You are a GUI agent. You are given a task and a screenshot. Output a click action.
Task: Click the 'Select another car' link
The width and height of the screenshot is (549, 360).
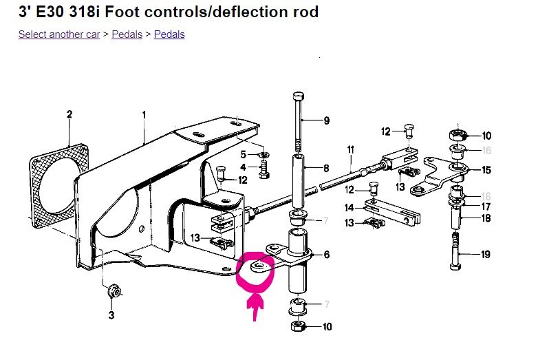[59, 34]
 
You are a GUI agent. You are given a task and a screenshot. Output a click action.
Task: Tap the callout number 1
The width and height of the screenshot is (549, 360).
[144, 114]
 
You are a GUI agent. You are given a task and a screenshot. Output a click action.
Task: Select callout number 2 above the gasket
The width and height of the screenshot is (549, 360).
[69, 114]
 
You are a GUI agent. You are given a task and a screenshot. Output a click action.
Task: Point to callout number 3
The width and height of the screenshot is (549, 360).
[112, 317]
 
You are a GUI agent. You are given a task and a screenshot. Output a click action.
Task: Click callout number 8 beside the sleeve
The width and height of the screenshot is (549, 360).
[325, 168]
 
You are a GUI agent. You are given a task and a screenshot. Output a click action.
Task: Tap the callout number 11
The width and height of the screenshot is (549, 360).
[350, 149]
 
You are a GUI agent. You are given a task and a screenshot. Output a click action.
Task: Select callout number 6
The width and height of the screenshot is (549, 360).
[325, 255]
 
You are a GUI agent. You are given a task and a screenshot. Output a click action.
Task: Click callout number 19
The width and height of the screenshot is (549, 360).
[485, 255]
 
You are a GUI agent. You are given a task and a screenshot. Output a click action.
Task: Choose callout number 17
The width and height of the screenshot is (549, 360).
[485, 206]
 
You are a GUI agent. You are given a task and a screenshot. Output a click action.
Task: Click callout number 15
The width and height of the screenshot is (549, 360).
[486, 170]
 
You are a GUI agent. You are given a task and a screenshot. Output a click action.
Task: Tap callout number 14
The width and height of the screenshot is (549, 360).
[349, 207]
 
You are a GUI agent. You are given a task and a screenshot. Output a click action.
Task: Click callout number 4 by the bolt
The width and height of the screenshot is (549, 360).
[242, 167]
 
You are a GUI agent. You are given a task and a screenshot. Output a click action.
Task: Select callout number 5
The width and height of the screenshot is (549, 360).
[242, 153]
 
